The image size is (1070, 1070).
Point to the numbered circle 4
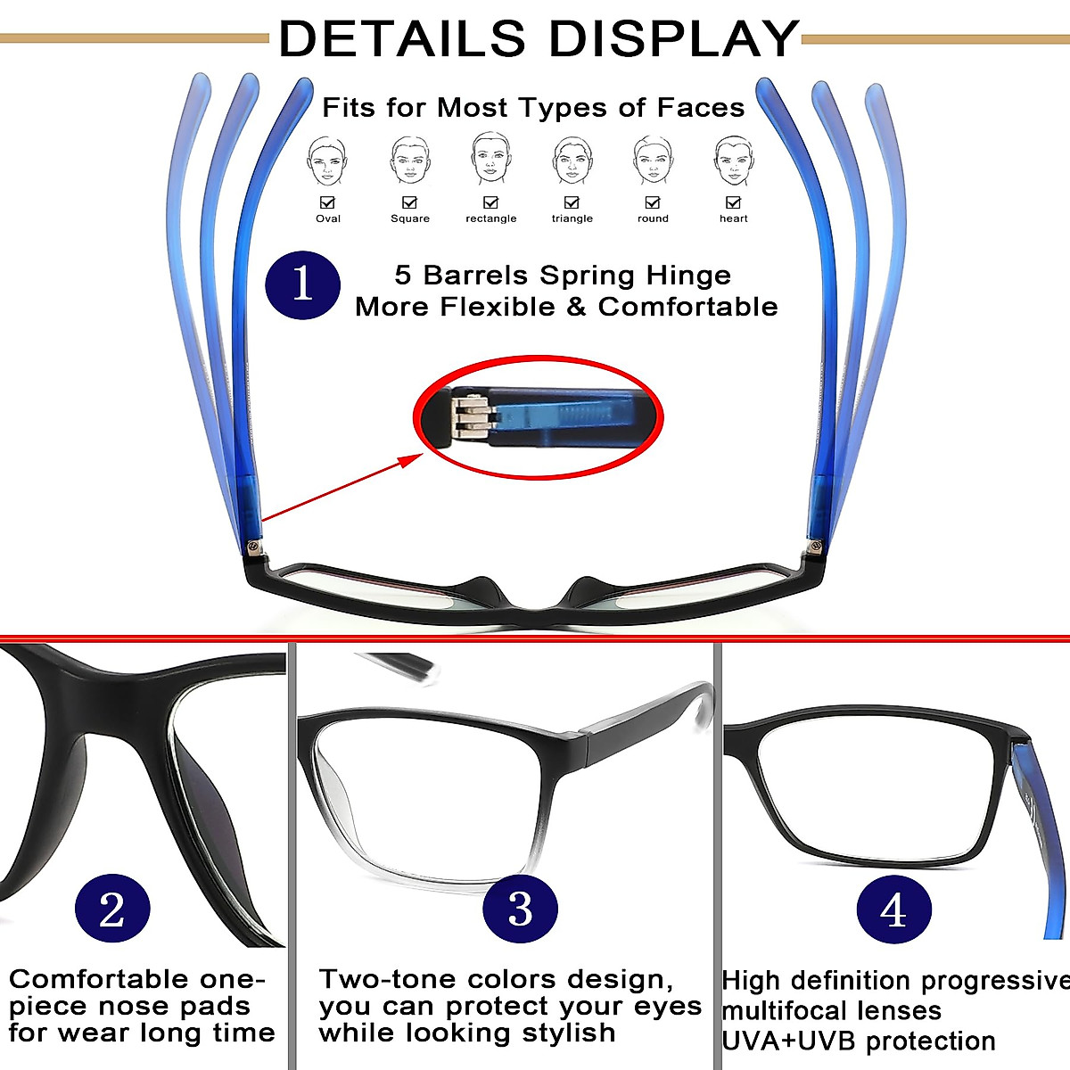coord(893,910)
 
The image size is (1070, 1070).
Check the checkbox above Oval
coord(327,202)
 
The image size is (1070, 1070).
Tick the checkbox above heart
coord(733,202)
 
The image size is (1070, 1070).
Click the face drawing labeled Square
coord(409,160)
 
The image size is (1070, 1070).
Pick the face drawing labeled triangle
coord(572,160)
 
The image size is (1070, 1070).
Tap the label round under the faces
coord(653,218)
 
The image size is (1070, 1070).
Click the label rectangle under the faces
coord(490,218)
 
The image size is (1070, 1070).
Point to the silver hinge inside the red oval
coord(470,417)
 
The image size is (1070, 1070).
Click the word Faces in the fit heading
coord(701,109)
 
